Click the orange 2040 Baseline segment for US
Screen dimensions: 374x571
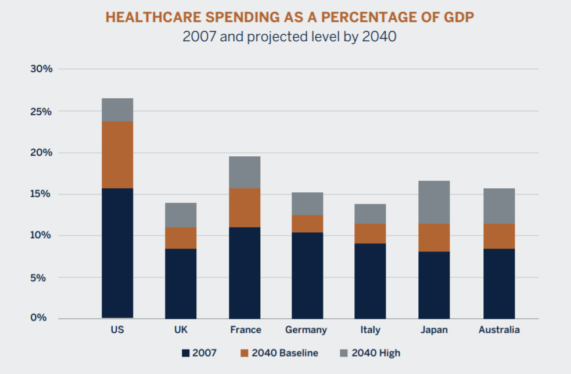117,154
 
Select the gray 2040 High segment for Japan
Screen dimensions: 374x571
434,202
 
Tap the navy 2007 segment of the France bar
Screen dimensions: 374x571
245,272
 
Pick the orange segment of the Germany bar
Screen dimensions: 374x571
307,224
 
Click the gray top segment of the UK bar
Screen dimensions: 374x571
181,215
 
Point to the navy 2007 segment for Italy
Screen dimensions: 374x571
370,280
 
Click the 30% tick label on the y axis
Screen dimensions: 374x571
41,69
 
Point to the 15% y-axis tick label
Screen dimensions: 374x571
41,194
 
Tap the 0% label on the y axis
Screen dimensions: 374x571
44,318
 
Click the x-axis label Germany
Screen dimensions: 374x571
306,330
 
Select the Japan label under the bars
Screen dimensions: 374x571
434,330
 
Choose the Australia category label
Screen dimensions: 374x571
499,330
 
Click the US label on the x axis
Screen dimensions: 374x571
117,330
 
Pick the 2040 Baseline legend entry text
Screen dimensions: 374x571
285,353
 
